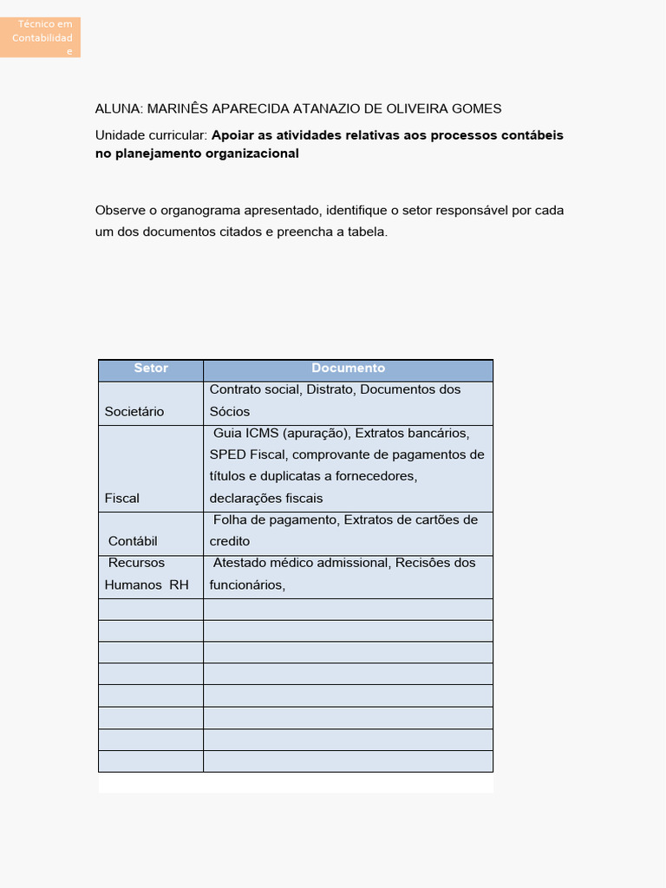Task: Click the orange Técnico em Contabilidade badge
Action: click(41, 37)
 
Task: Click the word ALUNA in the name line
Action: click(118, 108)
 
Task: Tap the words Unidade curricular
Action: click(150, 135)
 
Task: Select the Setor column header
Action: click(151, 369)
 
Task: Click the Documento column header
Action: click(348, 369)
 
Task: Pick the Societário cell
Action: click(134, 412)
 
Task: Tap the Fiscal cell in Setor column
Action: click(122, 499)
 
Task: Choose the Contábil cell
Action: click(133, 542)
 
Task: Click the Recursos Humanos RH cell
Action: click(146, 574)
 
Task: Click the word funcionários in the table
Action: click(245, 585)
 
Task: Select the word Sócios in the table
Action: click(230, 412)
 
